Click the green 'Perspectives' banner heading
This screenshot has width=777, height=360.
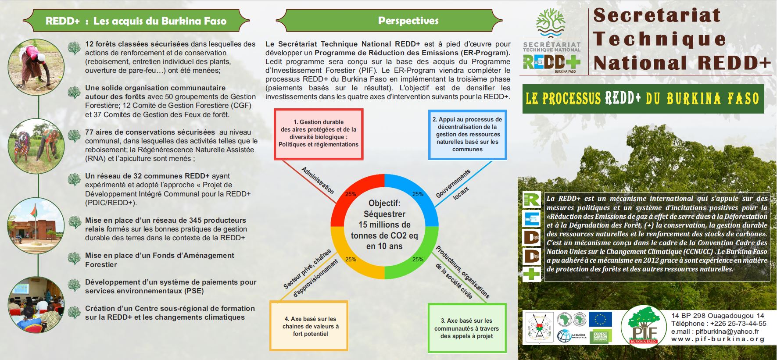tap(408, 21)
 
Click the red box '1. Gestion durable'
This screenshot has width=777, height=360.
tap(319, 134)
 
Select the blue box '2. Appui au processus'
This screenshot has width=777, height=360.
tap(467, 134)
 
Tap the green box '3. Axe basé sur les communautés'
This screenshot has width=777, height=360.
tap(467, 328)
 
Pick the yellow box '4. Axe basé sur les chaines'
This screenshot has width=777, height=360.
tap(309, 326)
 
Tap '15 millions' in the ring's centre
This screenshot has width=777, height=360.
tap(384, 225)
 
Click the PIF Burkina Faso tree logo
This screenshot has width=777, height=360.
tap(643, 327)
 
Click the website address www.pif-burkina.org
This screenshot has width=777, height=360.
tap(718, 339)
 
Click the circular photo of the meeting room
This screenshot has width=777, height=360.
tap(36, 305)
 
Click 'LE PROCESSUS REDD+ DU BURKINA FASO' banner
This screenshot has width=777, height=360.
tap(643, 99)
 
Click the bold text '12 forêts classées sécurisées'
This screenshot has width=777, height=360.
tap(137, 44)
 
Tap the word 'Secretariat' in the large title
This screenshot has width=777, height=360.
tap(657, 15)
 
